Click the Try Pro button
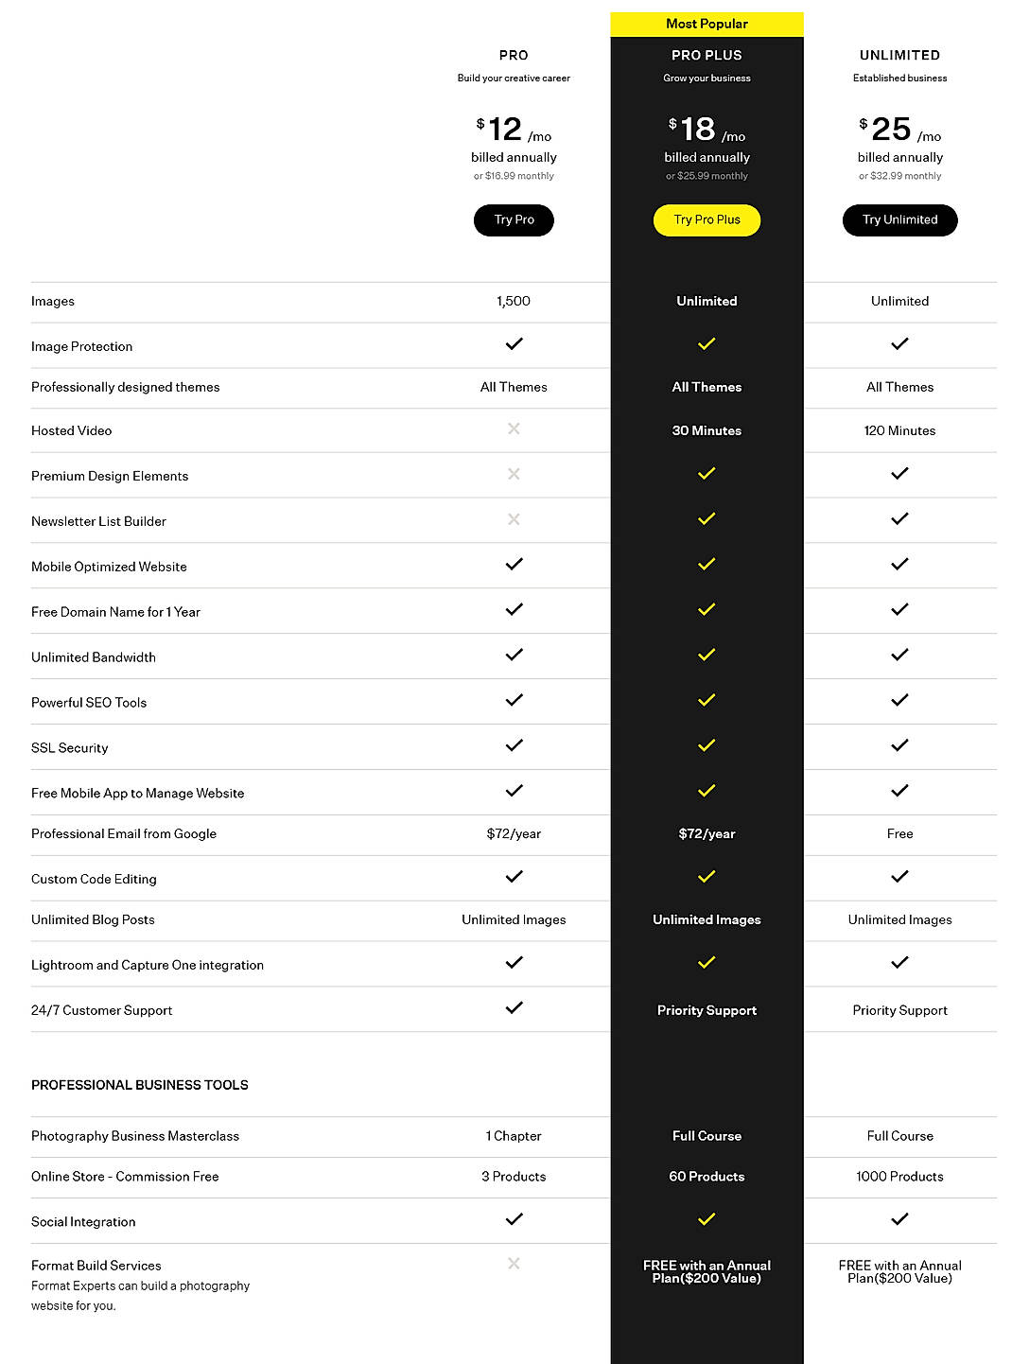[514, 220]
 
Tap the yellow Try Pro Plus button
[707, 220]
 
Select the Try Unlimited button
[899, 220]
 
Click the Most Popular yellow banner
[707, 24]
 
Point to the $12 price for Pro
[505, 129]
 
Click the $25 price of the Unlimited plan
[891, 129]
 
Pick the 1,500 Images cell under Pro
[514, 301]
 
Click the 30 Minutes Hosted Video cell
[707, 430]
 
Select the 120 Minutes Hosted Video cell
[899, 430]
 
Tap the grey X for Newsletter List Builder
[514, 519]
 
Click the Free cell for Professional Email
[899, 833]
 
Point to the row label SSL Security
[70, 748]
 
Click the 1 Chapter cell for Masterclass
[514, 1136]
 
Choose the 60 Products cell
[707, 1177]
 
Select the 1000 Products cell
[899, 1177]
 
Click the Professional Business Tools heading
[140, 1085]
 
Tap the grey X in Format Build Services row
[514, 1264]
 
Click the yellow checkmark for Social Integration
[707, 1219]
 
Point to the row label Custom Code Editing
[94, 879]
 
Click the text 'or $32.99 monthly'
[899, 176]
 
